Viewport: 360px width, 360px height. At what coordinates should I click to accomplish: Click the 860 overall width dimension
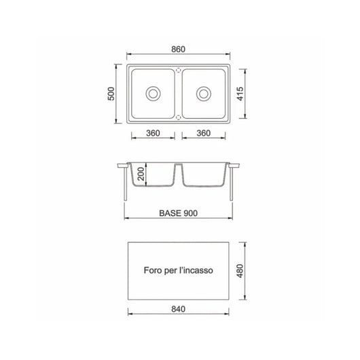pyautogui.click(x=179, y=50)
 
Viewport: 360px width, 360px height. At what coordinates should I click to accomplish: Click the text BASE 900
pyautogui.click(x=179, y=212)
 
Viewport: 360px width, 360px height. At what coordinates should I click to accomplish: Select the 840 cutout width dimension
pyautogui.click(x=179, y=310)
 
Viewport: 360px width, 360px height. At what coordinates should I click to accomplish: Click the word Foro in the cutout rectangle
pyautogui.click(x=154, y=270)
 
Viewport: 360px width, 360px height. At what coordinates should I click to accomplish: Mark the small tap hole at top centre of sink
pyautogui.click(x=179, y=69)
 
